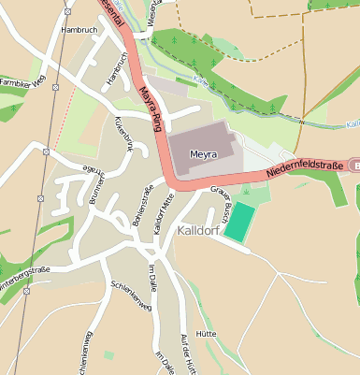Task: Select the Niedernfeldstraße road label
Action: (x=305, y=168)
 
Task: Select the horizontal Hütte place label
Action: (x=207, y=332)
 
